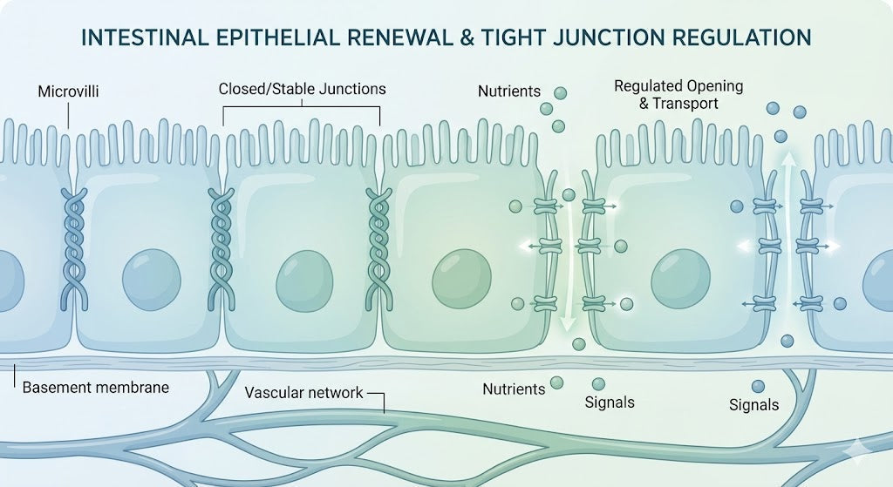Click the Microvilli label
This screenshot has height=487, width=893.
(68, 91)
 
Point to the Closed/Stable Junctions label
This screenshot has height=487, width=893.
(302, 89)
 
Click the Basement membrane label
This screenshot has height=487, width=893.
(95, 387)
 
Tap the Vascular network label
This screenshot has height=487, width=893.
(303, 392)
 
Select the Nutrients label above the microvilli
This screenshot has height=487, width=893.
(509, 91)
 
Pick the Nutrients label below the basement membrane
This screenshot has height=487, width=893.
(514, 388)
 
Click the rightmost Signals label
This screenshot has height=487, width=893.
(753, 404)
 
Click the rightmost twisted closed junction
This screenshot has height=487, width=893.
(378, 248)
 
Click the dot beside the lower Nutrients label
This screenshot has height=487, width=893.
(556, 382)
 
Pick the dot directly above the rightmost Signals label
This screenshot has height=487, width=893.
(757, 386)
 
